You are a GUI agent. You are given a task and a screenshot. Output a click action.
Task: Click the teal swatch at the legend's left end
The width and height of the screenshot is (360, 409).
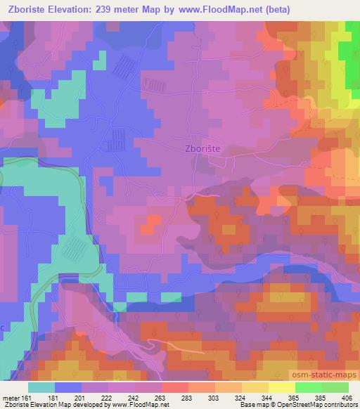[x=41, y=387]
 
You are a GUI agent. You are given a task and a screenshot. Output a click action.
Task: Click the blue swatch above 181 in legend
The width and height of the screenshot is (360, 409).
[x=68, y=387]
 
